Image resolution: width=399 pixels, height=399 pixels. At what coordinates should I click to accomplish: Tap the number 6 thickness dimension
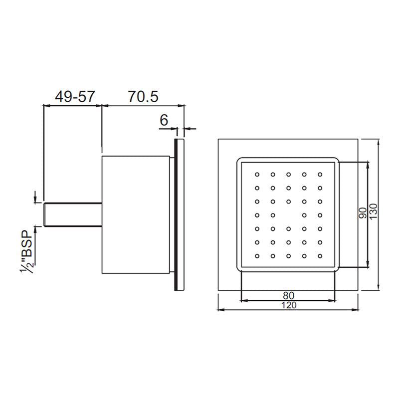pos(164,120)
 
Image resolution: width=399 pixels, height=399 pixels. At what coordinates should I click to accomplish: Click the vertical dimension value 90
pos(363,213)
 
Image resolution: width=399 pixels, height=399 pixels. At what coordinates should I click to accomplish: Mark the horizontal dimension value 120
pos(288,305)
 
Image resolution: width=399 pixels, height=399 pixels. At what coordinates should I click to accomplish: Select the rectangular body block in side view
pos(137,215)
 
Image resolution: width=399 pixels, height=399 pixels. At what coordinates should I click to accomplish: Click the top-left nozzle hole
pos(257,175)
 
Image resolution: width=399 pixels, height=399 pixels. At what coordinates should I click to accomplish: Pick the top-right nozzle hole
pos(320,175)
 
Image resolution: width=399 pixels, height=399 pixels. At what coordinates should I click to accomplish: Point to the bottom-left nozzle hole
pos(257,256)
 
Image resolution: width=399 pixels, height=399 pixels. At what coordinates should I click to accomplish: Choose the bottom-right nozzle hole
pos(320,256)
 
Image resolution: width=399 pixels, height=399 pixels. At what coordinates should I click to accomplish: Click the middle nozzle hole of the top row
pos(289,175)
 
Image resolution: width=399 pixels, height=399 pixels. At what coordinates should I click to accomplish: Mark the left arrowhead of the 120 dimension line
pos(221,310)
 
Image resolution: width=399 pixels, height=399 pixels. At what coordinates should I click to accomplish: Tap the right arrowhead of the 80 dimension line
pos(335,300)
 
